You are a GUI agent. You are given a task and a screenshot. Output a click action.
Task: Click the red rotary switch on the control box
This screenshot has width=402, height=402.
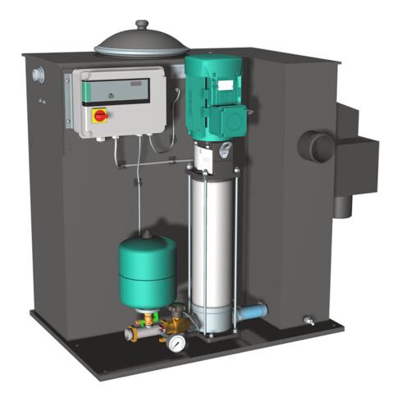(100, 116)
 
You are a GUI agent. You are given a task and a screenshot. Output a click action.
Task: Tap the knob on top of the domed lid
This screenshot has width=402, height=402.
(142, 25)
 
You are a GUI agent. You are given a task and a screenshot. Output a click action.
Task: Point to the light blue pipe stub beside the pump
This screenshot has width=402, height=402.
(253, 313)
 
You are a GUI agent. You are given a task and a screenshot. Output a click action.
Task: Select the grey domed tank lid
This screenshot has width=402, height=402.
(143, 43)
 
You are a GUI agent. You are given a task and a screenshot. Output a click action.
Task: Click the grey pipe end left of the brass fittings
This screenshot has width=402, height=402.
(130, 334)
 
